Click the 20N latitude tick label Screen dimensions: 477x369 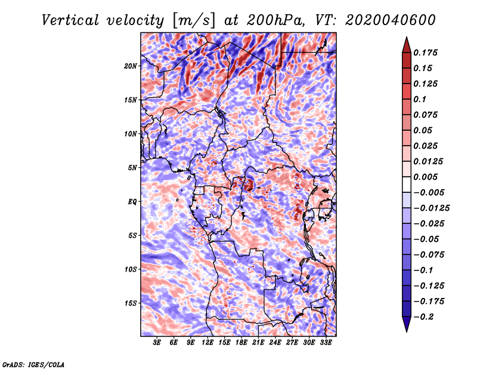click(131, 66)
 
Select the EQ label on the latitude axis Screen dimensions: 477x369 click(132, 202)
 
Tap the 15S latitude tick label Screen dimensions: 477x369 click(131, 303)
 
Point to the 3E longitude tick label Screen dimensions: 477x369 click(157, 343)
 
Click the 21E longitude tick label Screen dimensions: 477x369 click(258, 343)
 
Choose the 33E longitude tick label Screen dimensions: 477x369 click(326, 343)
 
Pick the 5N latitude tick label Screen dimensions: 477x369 click(132, 168)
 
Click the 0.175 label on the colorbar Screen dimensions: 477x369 click(426, 53)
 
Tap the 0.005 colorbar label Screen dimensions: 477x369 click(426, 177)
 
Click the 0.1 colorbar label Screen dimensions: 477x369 click(420, 99)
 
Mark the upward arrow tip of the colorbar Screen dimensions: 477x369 click(407, 37)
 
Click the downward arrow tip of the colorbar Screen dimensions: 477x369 click(407, 332)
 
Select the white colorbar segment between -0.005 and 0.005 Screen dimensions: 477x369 click(407, 184)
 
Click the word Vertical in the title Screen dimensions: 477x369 click(70, 20)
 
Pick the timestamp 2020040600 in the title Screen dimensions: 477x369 click(391, 20)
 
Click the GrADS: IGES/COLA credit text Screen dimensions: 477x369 click(33, 364)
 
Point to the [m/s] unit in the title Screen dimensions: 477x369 click(194, 20)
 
